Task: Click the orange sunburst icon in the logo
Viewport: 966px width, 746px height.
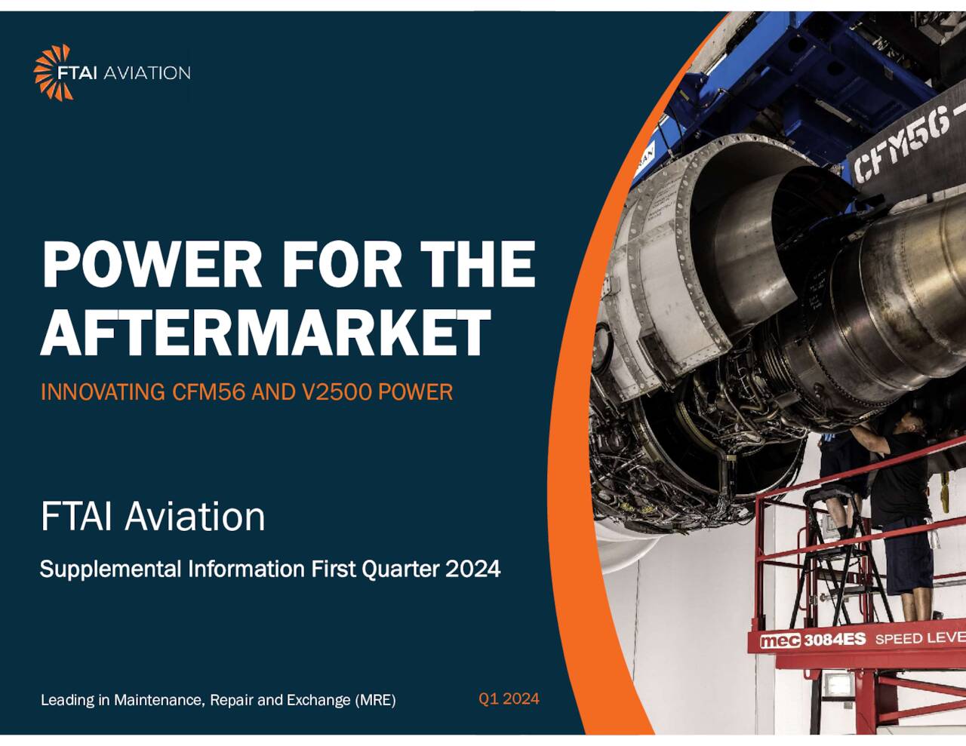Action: pos(53,72)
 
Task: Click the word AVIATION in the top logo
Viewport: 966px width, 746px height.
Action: pos(146,73)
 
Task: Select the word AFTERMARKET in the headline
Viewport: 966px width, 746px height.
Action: pos(266,333)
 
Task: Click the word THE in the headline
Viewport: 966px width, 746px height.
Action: pos(477,265)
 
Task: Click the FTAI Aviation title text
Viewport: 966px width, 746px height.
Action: pos(152,517)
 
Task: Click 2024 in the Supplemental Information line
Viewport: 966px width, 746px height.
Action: pos(472,569)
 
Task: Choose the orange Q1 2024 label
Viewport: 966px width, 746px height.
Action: pos(509,698)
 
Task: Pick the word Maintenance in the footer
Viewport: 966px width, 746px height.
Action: pos(159,700)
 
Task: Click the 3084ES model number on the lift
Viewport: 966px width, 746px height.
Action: pos(834,640)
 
